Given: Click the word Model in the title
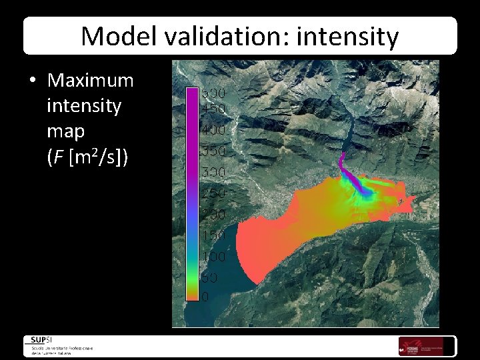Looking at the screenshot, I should pos(113,36).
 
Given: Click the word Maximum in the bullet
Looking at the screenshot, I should pos(91,81).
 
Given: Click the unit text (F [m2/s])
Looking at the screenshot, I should pos(88,157).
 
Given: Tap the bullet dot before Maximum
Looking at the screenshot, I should pos(33,81).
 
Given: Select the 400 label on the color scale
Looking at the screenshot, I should pos(214,129).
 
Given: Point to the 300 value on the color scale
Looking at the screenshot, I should pos(214,172).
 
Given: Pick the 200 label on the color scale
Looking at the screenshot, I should pos(214,215).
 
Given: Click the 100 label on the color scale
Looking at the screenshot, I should pos(214,257).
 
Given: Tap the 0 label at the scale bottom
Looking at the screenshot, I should pos(205,295).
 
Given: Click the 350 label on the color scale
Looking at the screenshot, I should pos(214,151).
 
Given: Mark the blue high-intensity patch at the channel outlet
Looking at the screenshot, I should pos(364,191).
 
